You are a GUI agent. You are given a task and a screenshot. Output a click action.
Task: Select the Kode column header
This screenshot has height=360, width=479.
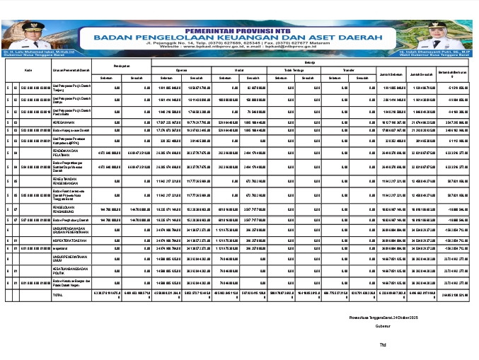(x=28, y=70)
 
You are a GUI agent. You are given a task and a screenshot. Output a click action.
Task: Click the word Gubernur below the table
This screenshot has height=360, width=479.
(x=384, y=327)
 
